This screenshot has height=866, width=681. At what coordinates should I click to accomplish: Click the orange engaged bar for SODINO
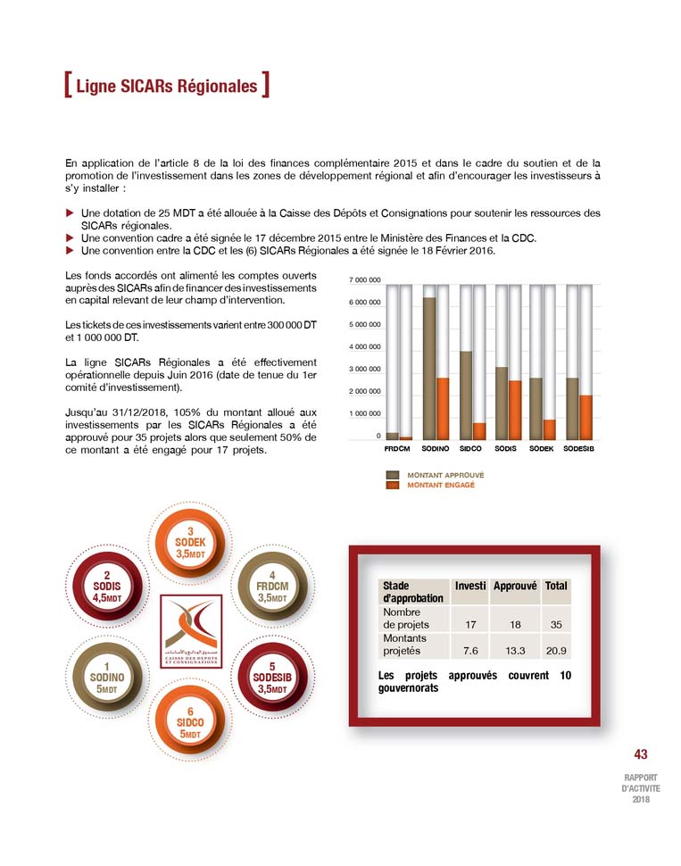click(442, 408)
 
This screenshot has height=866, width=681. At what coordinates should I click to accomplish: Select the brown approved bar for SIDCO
click(465, 395)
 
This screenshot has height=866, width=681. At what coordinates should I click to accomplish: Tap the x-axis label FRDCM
click(396, 448)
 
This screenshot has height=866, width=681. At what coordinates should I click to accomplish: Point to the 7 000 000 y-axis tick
click(365, 280)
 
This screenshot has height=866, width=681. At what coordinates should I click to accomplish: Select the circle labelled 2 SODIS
click(106, 587)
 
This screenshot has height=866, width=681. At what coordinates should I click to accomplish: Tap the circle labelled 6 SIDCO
click(190, 721)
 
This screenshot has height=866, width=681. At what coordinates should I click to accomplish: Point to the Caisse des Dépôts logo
click(191, 632)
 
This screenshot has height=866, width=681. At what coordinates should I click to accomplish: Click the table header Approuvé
click(514, 586)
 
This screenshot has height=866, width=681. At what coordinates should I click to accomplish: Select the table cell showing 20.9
click(555, 651)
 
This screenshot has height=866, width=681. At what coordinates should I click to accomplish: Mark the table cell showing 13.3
click(515, 651)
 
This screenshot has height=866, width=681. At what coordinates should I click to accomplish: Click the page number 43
click(641, 754)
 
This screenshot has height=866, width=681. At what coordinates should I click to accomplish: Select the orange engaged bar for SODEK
click(549, 429)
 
